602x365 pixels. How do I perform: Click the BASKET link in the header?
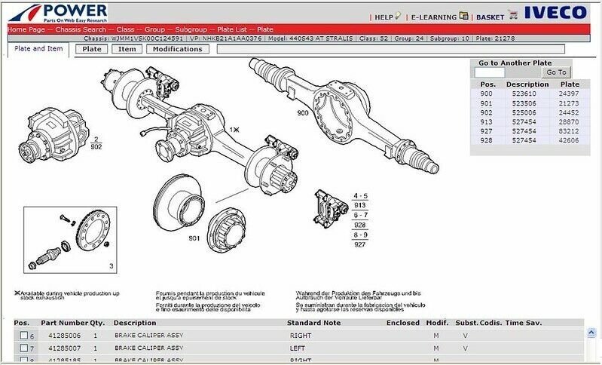490,16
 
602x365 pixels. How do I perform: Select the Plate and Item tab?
38,49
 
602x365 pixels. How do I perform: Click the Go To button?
556,72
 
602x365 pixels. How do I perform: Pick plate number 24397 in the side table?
570,94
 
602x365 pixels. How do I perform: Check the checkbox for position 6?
23,335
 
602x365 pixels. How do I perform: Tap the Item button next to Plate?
127,49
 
